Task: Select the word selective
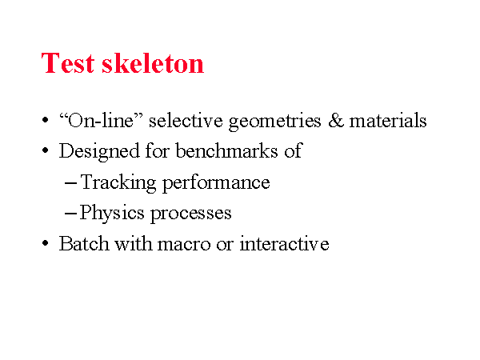pyautogui.click(x=186, y=120)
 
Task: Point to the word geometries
pyautogui.click(x=275, y=122)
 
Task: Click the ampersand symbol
pyautogui.click(x=336, y=120)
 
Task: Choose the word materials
pyautogui.click(x=388, y=120)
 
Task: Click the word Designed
pyautogui.click(x=99, y=151)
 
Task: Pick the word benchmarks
pyautogui.click(x=226, y=150)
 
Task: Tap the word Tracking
pyautogui.click(x=118, y=183)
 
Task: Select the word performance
pyautogui.click(x=216, y=184)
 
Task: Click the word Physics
pyautogui.click(x=112, y=213)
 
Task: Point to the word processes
pyautogui.click(x=191, y=214)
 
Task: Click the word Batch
pyautogui.click(x=84, y=244)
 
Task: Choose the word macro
pyautogui.click(x=184, y=245)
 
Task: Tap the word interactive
pyautogui.click(x=284, y=244)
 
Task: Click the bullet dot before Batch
pyautogui.click(x=46, y=244)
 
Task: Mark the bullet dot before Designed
pyautogui.click(x=46, y=150)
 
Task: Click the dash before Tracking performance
pyautogui.click(x=70, y=184)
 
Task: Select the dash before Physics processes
pyautogui.click(x=70, y=214)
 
